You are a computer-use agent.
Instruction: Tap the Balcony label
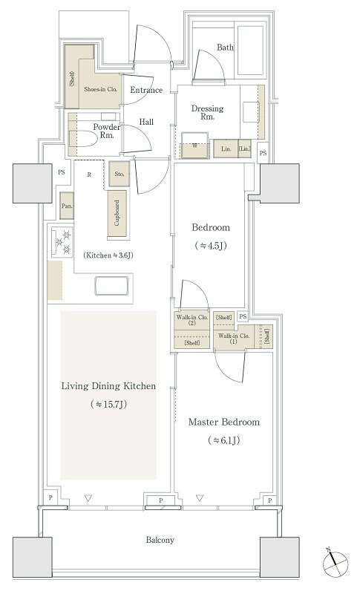160,540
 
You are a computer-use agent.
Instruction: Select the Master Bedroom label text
224,422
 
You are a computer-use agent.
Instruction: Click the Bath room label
225,48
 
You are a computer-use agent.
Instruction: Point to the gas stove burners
62,242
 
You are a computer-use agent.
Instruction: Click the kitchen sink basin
111,286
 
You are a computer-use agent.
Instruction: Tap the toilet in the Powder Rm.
83,139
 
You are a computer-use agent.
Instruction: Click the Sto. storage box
120,174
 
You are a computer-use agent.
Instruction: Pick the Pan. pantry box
67,206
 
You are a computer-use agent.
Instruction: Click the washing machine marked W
194,146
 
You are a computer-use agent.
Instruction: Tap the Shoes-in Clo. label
100,89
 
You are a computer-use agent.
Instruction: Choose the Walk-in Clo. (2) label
192,320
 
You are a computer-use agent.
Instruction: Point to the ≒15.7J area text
108,404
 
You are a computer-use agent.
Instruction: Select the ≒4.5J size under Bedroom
211,246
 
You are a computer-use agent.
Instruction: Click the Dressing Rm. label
207,113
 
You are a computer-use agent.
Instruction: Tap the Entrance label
146,90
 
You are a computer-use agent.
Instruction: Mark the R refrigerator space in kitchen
89,175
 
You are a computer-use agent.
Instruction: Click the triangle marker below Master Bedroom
200,497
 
